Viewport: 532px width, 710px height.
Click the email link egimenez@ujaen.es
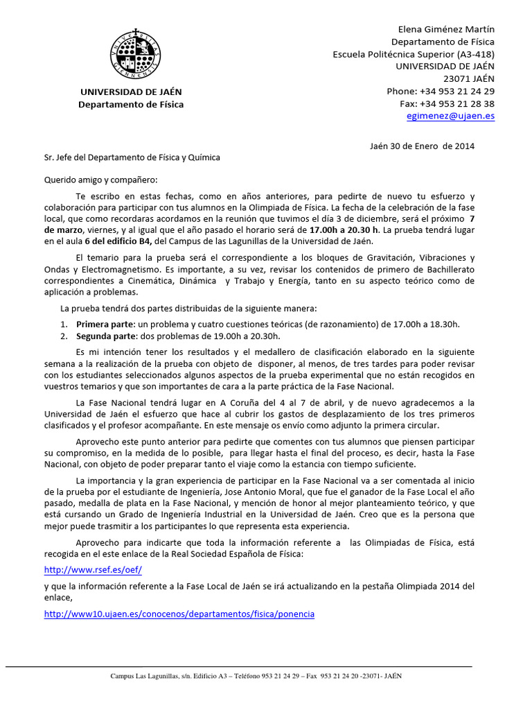tap(450, 116)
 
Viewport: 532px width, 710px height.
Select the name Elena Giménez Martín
tap(446, 29)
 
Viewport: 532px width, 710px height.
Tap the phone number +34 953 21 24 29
tap(456, 92)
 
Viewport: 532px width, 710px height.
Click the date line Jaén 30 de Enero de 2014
tap(422, 146)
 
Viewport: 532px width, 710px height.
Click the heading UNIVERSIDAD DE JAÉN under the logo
tap(131, 92)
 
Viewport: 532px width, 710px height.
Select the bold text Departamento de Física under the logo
tap(131, 105)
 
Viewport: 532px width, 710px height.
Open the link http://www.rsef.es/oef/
tap(92, 569)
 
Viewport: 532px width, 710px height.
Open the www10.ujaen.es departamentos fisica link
tap(179, 614)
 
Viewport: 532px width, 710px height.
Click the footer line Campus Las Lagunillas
tap(256, 676)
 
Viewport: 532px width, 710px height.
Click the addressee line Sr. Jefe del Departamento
tap(132, 157)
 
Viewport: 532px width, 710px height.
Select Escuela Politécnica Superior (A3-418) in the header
tap(414, 54)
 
